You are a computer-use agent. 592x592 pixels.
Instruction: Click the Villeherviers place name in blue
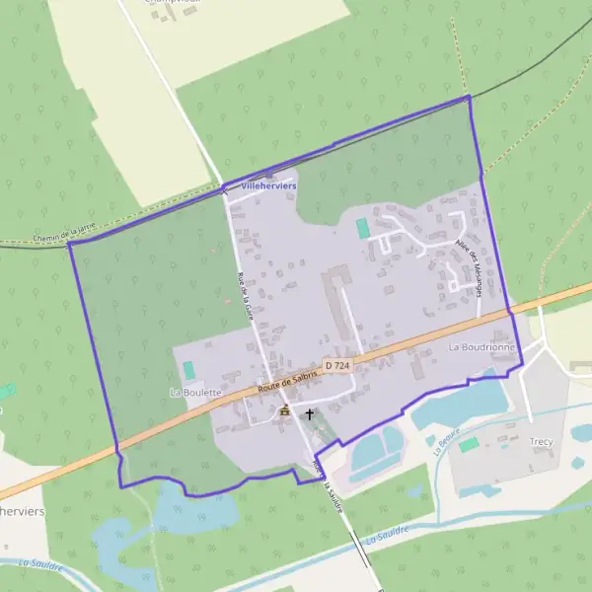268,185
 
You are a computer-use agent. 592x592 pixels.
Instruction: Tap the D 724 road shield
337,366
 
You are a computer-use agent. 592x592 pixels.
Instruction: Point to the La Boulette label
195,392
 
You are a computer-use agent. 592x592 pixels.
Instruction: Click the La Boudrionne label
481,347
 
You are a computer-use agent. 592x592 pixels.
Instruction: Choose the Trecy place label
542,442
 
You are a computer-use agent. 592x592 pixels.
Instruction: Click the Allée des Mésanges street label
467,267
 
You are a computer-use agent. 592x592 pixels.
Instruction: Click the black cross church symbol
310,414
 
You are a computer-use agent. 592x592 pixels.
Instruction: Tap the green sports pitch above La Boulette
188,370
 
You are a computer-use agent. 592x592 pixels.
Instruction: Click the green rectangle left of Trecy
469,445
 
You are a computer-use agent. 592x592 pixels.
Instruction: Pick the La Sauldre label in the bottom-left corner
34,567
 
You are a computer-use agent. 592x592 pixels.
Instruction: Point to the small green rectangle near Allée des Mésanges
363,228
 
